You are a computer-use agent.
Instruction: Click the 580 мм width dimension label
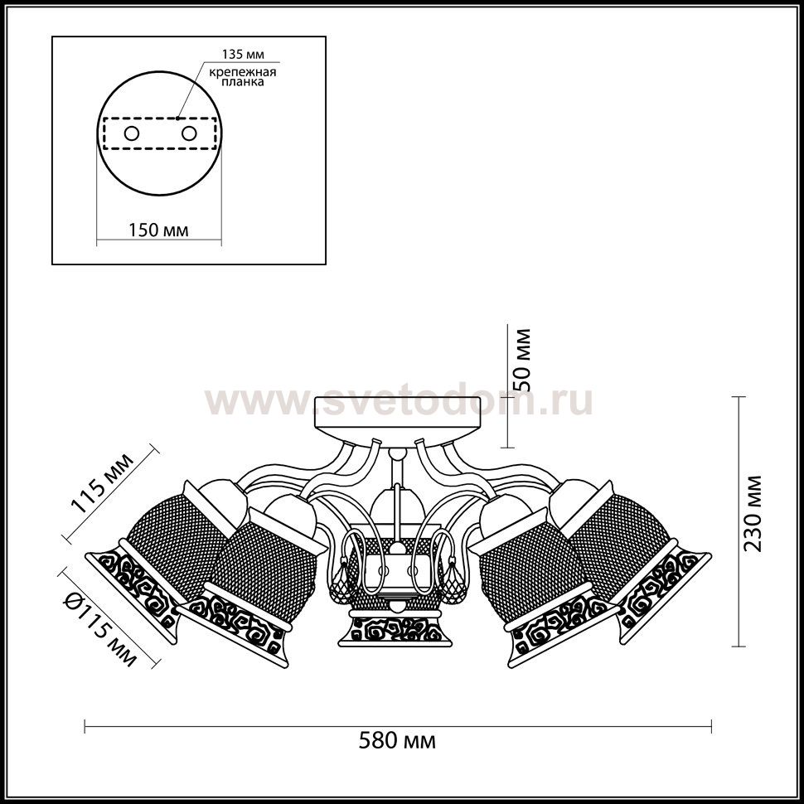(397, 741)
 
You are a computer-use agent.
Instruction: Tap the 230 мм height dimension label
(753, 513)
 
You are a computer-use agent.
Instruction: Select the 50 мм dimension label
(522, 361)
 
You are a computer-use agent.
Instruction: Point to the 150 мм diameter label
(158, 230)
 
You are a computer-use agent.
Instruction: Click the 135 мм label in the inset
(243, 55)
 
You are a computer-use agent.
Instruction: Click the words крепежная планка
(243, 76)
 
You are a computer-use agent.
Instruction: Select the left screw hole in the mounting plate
(132, 133)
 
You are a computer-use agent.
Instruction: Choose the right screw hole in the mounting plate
(189, 133)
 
